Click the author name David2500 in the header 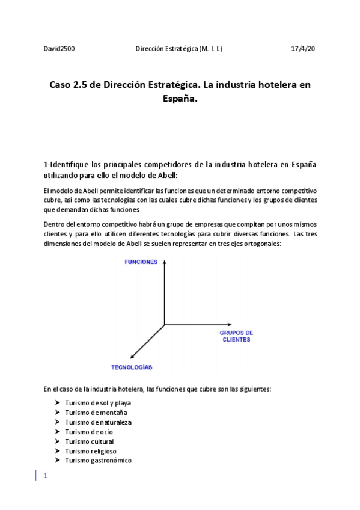(x=59, y=48)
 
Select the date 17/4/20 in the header (x=302, y=48)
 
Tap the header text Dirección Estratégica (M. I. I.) (x=178, y=48)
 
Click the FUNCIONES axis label (x=141, y=262)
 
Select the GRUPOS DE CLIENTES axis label (x=236, y=336)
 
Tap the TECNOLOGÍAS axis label (x=132, y=367)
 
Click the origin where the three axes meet (x=164, y=325)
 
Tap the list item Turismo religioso (x=91, y=451)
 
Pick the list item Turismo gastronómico (x=98, y=461)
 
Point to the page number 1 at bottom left (x=45, y=475)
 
